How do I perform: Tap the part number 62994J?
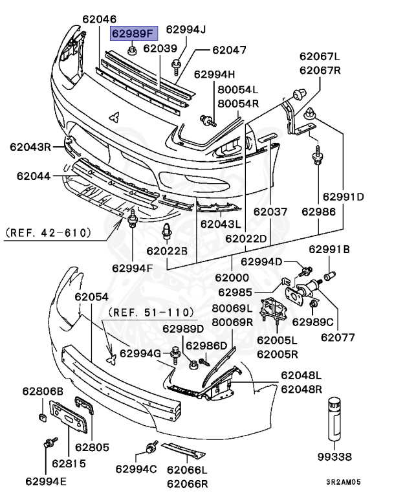185,29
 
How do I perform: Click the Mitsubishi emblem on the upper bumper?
115,117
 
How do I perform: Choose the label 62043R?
30,147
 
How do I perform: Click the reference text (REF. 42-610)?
47,231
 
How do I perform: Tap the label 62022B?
166,250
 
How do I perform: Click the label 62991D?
343,197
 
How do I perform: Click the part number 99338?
335,457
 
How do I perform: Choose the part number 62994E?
46,480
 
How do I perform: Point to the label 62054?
91,296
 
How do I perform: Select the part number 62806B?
43,391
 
